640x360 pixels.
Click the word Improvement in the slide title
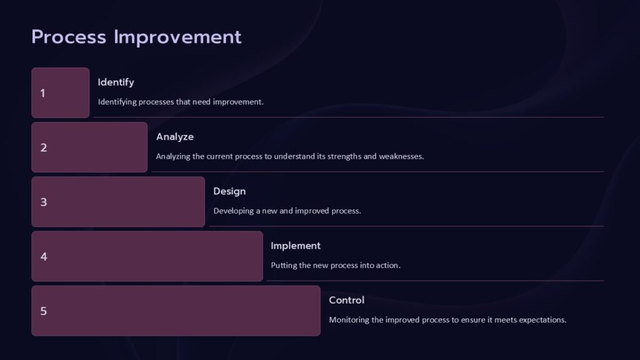point(177,37)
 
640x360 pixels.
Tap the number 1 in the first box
point(42,93)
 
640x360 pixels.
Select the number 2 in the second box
point(44,147)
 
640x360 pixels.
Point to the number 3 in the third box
point(44,202)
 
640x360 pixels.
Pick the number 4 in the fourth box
point(44,256)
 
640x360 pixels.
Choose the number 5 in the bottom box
point(44,311)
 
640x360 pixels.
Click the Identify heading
point(116,82)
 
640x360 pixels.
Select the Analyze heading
point(175,136)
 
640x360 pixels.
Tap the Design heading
point(229,191)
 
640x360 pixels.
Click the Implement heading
point(296,246)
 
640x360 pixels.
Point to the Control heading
point(346,300)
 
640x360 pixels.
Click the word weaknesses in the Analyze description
point(401,156)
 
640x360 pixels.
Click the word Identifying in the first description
point(117,102)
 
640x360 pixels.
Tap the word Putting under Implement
point(284,265)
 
